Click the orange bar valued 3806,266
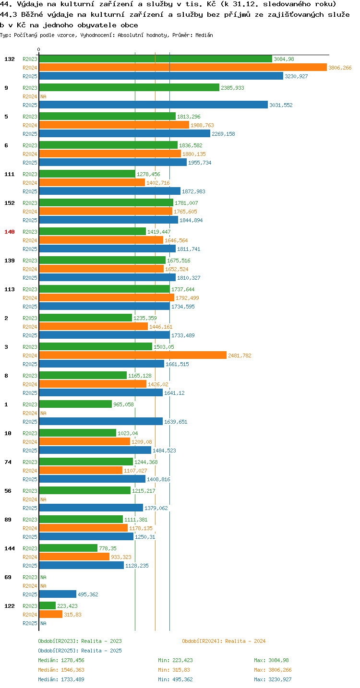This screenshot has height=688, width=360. tap(183, 68)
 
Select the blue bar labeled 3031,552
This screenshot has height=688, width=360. tap(153, 105)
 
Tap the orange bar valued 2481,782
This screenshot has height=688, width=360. tap(132, 356)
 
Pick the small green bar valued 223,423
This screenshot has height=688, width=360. tap(48, 605)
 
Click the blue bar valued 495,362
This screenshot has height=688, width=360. tap(58, 594)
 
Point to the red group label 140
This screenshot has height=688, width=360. tap(10, 232)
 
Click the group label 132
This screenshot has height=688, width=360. tap(10, 59)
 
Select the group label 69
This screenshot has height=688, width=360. tap(8, 577)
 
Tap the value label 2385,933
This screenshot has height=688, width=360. tap(232, 88)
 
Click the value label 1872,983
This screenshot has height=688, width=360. tap(193, 191)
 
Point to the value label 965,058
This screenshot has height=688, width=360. tap(123, 404)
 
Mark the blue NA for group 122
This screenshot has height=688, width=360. tap(43, 623)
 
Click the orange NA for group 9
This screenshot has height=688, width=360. tap(43, 96)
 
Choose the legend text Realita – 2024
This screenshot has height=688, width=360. tap(245, 641)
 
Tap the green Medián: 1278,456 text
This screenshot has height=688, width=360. tap(61, 660)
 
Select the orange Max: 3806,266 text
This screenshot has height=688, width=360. tap(273, 670)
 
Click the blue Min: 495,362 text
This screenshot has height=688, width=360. tap(175, 679)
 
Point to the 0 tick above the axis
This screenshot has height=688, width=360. tap(38, 49)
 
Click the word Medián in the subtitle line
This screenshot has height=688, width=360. tap(204, 35)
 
